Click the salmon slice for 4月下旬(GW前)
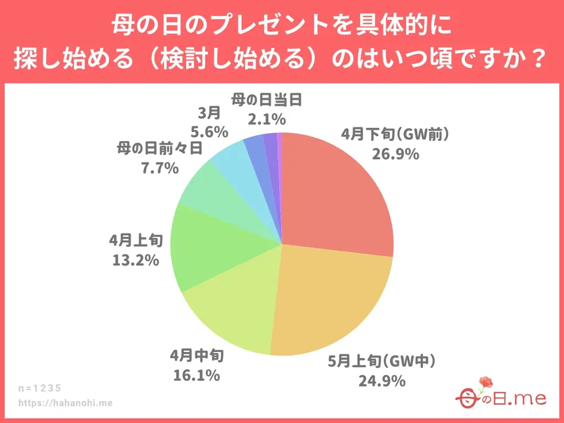(336, 193)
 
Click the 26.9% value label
(394, 154)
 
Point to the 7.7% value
(160, 167)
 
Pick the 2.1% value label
(267, 118)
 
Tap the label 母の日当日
(267, 100)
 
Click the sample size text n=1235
(40, 388)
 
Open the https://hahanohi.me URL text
(66, 403)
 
